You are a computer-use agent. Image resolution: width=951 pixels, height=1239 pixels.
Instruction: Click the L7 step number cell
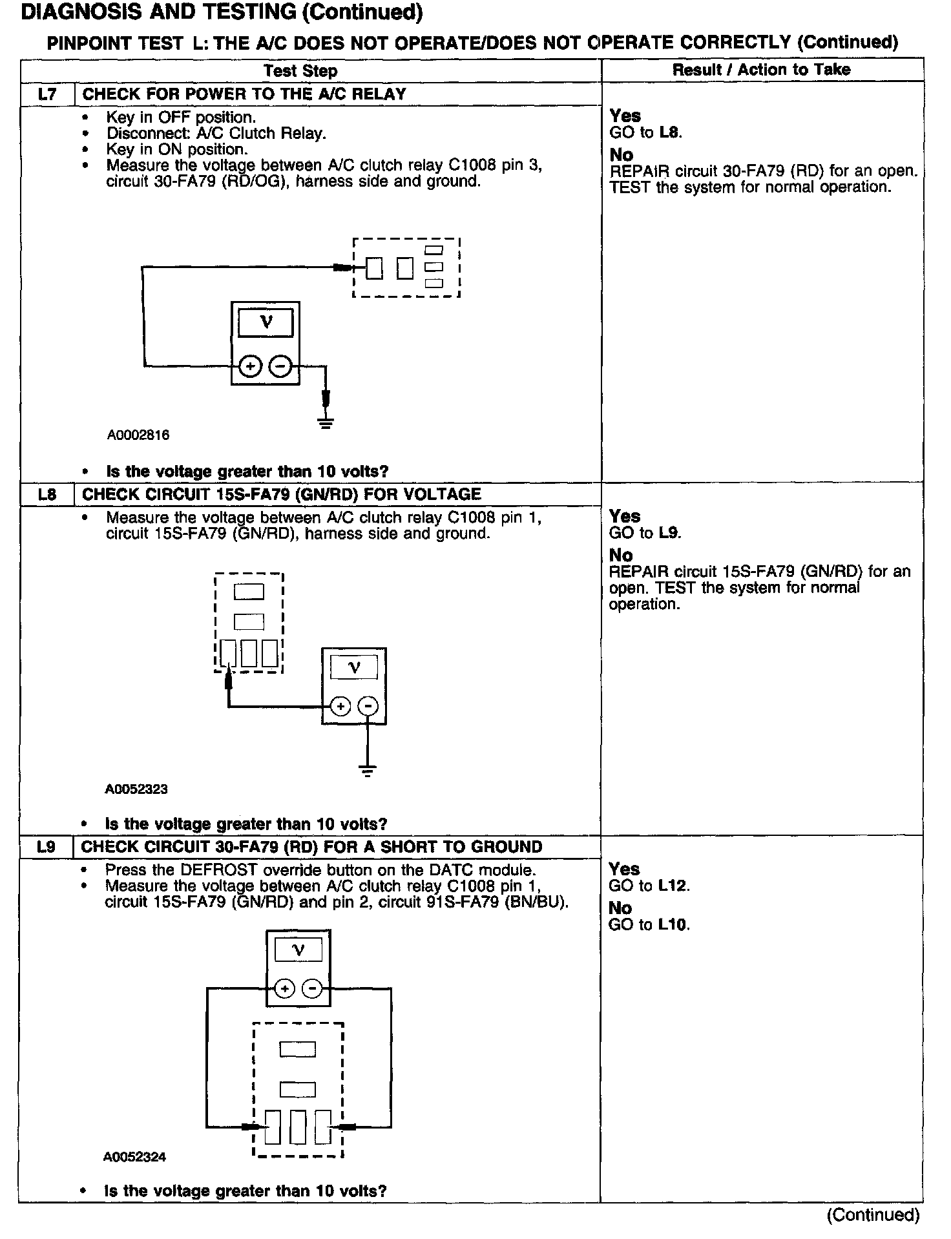coord(47,94)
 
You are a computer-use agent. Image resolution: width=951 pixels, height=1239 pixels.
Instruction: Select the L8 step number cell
coord(47,495)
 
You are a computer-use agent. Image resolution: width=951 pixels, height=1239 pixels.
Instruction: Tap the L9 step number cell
coord(47,847)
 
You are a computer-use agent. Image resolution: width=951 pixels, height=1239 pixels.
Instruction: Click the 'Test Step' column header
coord(300,70)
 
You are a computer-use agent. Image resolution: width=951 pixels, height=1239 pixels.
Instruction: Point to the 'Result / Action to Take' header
coord(761,70)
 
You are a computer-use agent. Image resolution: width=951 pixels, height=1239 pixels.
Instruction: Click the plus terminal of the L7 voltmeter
coord(250,367)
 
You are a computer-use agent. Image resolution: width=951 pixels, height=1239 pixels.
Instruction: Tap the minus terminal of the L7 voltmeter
coord(279,367)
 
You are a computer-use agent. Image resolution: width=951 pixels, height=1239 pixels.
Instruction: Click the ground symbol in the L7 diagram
coord(326,423)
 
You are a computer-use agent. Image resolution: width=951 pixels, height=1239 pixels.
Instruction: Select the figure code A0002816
coord(138,435)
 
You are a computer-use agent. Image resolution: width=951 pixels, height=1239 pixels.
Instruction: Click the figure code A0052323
coord(136,789)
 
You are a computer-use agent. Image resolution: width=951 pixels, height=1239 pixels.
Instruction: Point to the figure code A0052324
coord(134,1157)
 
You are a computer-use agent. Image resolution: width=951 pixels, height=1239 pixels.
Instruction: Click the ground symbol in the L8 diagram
coord(368,770)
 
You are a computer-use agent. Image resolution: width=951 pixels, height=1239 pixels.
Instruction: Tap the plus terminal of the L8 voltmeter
coord(340,706)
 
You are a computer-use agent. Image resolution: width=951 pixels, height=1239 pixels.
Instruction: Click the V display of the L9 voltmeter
coord(298,950)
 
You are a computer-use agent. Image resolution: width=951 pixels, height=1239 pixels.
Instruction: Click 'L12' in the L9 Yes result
coord(673,886)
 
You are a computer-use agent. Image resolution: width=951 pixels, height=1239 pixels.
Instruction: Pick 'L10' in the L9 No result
coord(673,924)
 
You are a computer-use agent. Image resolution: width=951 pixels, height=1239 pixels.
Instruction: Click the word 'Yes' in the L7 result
coord(625,116)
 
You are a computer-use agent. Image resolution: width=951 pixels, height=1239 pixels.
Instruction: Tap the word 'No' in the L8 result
coord(621,555)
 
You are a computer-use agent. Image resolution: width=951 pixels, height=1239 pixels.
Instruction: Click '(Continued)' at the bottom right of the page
coord(872,1214)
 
